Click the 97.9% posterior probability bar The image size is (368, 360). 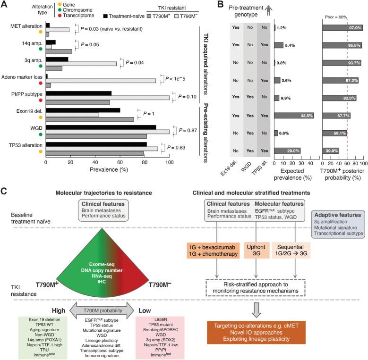(x=342, y=28)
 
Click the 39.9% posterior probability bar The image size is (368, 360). (x=333, y=151)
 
